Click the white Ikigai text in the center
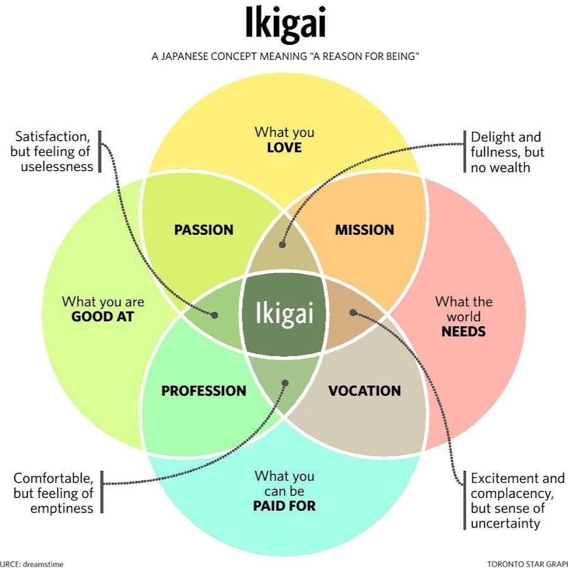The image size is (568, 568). [x=284, y=313]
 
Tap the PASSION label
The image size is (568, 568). [x=204, y=230]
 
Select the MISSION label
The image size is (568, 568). [x=364, y=230]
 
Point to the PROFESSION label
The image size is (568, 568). [x=204, y=391]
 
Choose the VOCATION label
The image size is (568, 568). [x=364, y=391]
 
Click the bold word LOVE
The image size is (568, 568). [x=284, y=148]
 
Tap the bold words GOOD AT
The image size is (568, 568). [x=103, y=317]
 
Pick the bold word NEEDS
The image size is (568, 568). [x=464, y=331]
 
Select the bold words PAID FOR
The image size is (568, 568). [x=284, y=506]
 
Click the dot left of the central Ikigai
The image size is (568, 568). [x=215, y=314]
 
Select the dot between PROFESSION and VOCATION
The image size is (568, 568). [x=285, y=382]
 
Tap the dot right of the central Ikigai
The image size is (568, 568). [x=353, y=312]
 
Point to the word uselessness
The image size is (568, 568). [x=57, y=167]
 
